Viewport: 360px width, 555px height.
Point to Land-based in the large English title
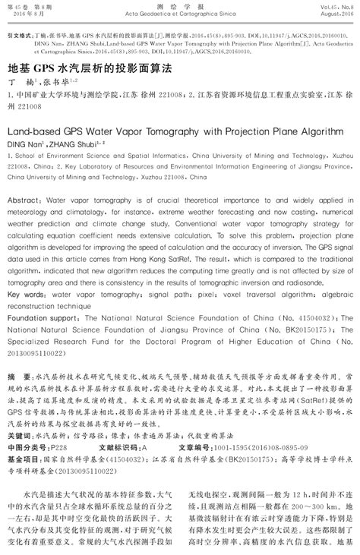(x=37, y=130)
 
